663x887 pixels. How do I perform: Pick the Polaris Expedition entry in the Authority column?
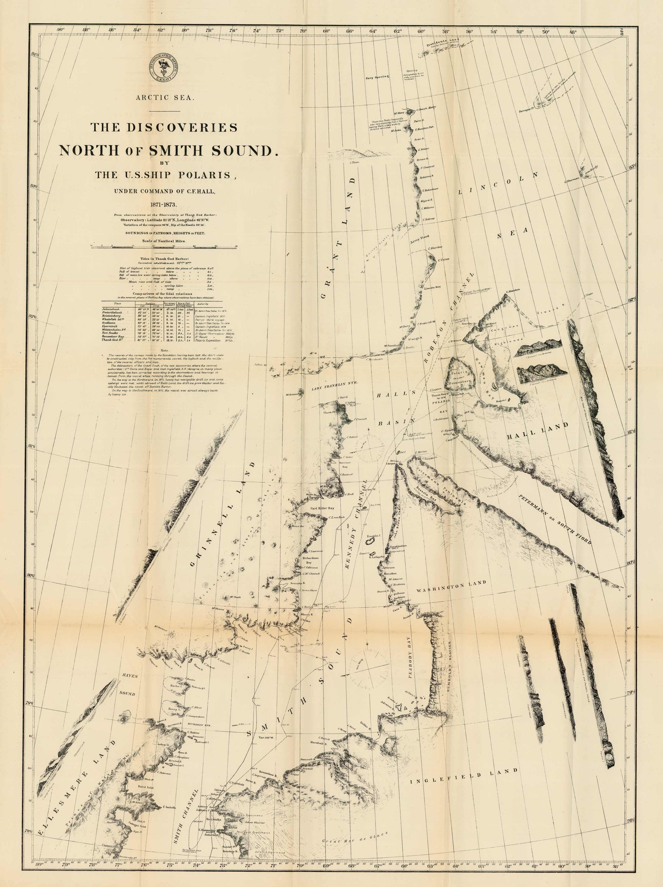point(208,340)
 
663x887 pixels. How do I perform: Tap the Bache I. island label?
point(175,686)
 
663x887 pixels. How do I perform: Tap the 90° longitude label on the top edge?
point(61,30)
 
